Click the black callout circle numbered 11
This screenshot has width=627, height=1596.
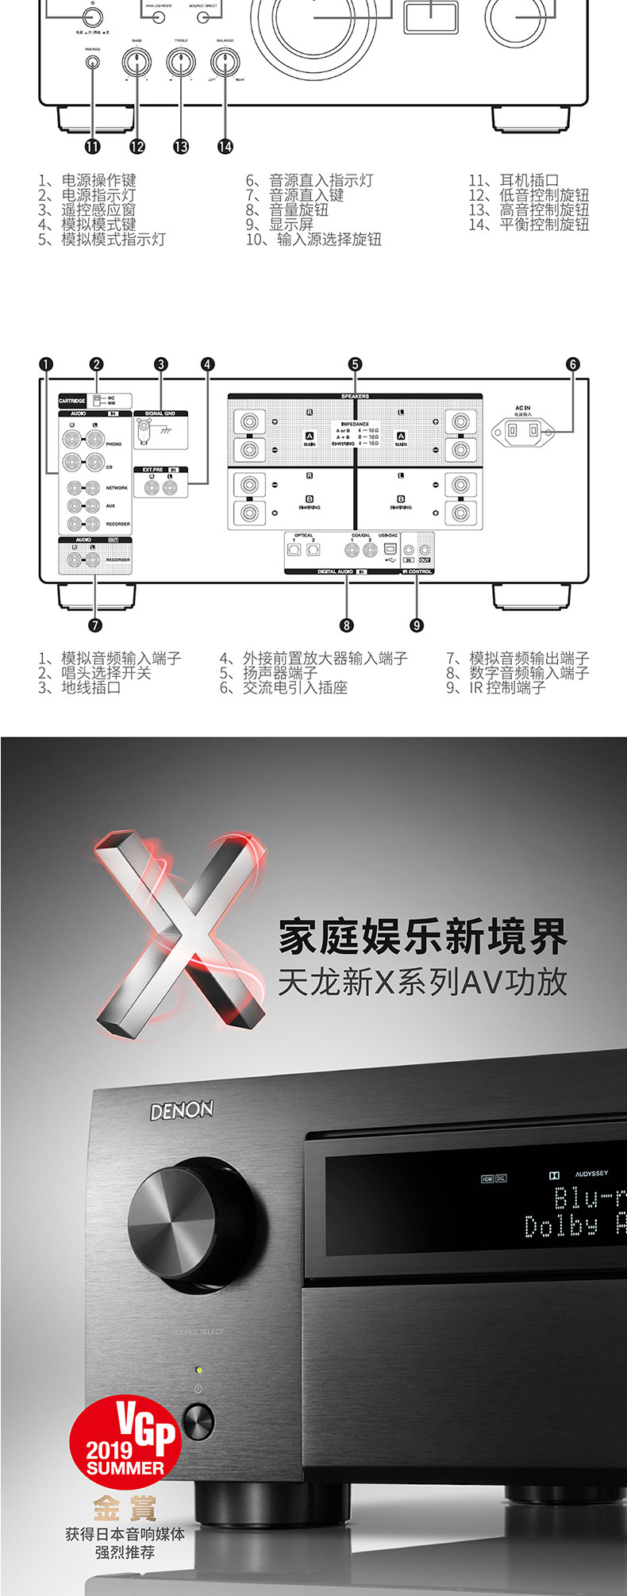pos(93,146)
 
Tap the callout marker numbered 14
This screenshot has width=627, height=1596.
pos(225,146)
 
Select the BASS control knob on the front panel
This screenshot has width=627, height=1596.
pos(137,63)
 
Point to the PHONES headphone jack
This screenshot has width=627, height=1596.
pos(93,63)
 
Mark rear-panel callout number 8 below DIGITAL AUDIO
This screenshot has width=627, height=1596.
pos(347,625)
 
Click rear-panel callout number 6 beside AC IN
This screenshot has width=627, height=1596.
pos(573,364)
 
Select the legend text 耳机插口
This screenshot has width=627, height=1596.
pos(529,181)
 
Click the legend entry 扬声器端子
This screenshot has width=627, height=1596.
pos(279,673)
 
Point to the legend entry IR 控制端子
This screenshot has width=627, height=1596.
pos(506,688)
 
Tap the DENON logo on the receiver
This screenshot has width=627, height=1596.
pos(182,1110)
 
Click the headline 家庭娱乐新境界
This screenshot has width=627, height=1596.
pos(422,936)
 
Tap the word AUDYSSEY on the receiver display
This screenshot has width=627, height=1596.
pos(591,1174)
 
